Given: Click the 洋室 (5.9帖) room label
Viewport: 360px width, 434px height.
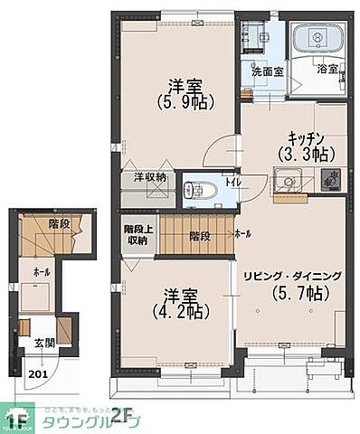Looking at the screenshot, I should (184, 96).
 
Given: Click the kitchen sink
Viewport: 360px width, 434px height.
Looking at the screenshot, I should (291, 182).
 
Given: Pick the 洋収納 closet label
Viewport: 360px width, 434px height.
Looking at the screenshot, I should (150, 177).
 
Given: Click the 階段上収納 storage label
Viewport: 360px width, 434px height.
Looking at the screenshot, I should (137, 234).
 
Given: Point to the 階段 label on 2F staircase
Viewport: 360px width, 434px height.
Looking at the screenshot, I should (200, 236).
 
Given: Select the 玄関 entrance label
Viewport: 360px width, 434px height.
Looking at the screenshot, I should (43, 344).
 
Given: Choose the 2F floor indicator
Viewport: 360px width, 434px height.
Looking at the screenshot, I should (122, 415).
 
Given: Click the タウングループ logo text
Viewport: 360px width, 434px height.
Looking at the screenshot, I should (99, 422).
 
